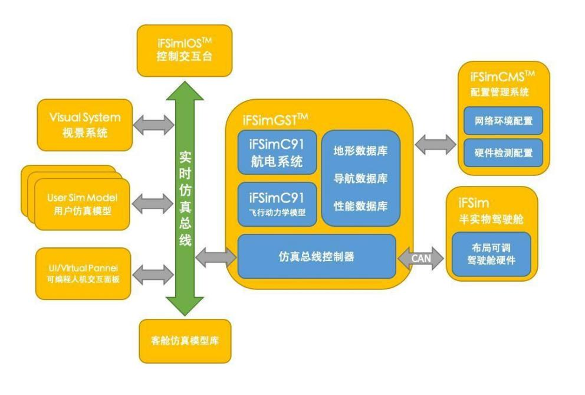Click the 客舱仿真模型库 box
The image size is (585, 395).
[185, 341]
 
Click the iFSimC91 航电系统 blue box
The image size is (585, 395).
[277, 152]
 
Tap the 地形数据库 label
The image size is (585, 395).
[360, 149]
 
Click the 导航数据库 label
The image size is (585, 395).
[360, 178]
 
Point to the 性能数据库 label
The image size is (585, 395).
[360, 206]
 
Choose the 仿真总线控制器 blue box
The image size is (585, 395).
[316, 256]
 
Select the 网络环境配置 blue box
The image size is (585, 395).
[503, 121]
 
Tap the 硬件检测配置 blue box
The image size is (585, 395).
[503, 153]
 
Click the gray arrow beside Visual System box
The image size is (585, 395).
[154, 124]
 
